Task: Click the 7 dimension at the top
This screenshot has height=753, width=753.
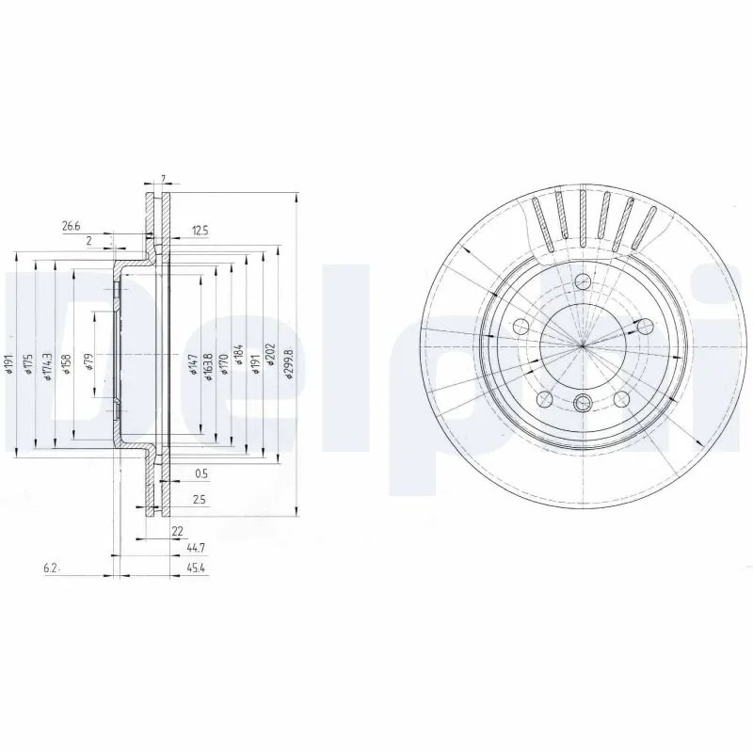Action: point(163,179)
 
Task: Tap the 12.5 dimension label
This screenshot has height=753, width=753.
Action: point(199,231)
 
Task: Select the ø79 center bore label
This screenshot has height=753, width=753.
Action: point(89,362)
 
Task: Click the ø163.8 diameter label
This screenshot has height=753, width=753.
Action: point(208,362)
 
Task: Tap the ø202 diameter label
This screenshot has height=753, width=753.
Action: point(270,362)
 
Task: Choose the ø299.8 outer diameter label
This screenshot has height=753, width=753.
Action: point(288,362)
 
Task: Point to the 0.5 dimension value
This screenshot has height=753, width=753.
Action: point(200,473)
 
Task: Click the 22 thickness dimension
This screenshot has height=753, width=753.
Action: point(176,532)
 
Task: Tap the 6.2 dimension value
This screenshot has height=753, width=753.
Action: point(52,569)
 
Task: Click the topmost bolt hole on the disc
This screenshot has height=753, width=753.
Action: point(583,281)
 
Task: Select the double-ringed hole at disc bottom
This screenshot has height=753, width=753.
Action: point(583,404)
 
